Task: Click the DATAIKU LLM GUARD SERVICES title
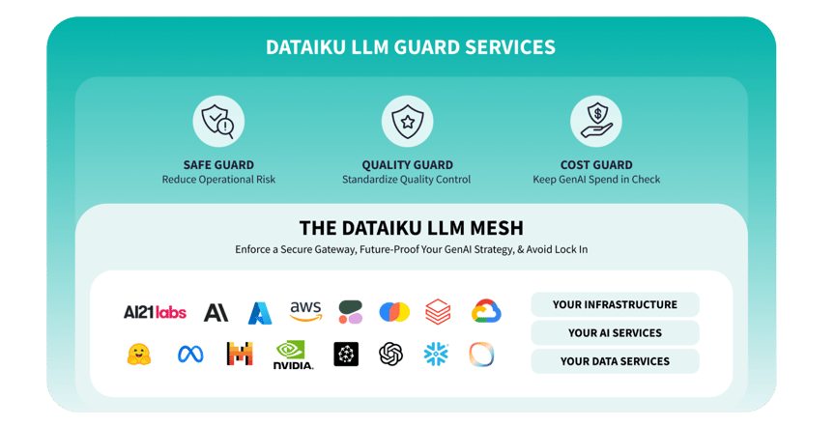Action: (411, 46)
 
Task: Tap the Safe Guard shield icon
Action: (218, 121)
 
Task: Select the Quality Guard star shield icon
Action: (407, 121)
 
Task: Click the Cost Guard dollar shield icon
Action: (595, 121)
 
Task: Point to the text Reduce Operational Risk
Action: (218, 180)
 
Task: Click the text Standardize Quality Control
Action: (407, 180)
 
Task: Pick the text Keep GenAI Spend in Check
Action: (596, 180)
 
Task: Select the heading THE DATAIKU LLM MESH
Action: (411, 228)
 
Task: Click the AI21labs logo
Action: (155, 312)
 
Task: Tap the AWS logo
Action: (305, 311)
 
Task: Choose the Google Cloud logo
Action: (486, 311)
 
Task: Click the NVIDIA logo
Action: (293, 356)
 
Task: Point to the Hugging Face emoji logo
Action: (139, 355)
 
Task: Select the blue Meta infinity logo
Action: (190, 355)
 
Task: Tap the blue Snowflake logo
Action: (436, 355)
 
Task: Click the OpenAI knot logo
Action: (390, 355)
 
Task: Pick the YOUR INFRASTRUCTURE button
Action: (615, 304)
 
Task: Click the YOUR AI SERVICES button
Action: (615, 333)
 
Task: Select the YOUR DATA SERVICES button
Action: (615, 361)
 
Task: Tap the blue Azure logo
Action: (260, 312)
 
